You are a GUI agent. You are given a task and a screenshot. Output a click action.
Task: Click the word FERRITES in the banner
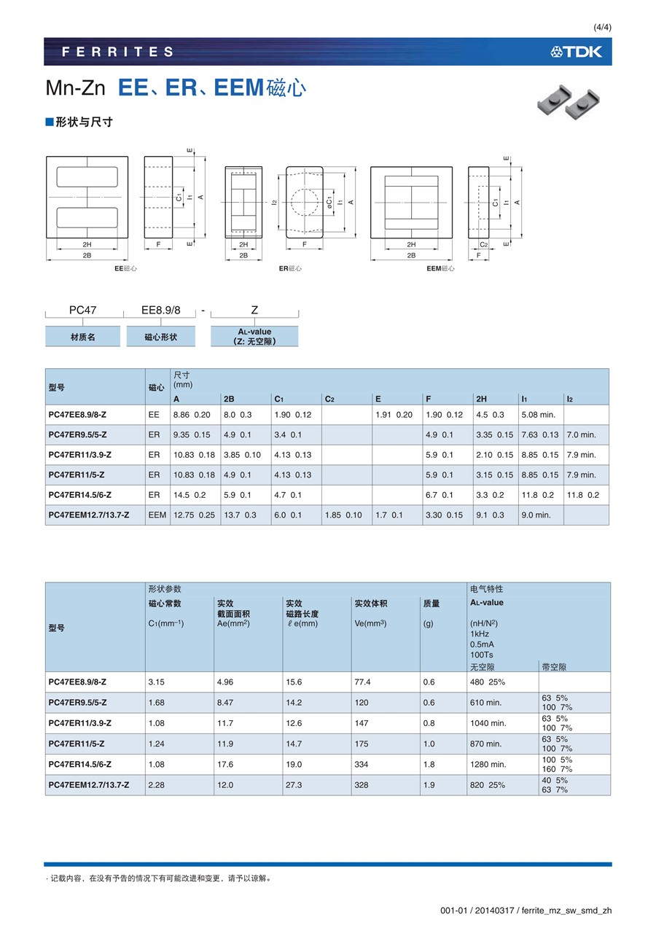pos(118,52)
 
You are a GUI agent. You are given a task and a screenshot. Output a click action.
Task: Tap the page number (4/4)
pos(602,28)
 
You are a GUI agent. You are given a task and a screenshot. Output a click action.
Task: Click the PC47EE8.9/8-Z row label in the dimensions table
pos(78,415)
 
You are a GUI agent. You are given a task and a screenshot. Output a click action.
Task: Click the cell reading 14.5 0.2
pos(189,495)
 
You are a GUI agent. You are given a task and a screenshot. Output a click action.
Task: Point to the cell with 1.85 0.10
pos(343,515)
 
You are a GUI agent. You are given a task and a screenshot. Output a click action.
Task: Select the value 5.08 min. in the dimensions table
pos(538,415)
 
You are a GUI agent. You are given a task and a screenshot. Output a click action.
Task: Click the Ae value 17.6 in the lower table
pos(225,765)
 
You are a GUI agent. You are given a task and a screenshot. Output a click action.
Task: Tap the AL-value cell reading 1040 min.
pos(488,723)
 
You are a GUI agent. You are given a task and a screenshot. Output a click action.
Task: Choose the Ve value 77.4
pos(362,682)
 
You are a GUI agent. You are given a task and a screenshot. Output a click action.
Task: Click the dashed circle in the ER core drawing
pos(305,202)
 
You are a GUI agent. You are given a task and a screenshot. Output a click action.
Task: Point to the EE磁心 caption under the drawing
pos(125,268)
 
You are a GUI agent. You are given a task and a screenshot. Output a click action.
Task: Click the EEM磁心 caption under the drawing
pos(440,268)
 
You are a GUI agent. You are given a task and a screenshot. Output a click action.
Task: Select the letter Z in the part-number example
pos(254,310)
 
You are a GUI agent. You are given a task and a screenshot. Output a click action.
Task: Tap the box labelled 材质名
pos(82,338)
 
